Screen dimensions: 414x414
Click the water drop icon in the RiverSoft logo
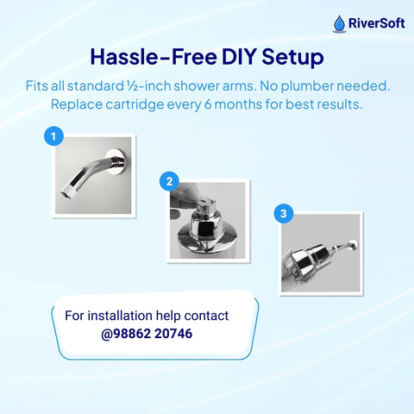click(x=340, y=24)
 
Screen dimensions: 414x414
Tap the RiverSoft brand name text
click(x=377, y=23)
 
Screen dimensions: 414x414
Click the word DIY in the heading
click(x=239, y=57)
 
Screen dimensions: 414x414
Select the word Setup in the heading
click(x=292, y=58)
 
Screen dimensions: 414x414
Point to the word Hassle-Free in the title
click(x=154, y=57)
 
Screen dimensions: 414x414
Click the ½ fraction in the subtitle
click(x=132, y=86)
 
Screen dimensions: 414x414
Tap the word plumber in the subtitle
click(x=307, y=86)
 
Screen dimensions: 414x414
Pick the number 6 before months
click(x=208, y=104)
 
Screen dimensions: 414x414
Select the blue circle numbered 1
click(x=53, y=136)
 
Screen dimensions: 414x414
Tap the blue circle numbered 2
click(x=169, y=181)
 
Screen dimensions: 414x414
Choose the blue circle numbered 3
click(x=284, y=213)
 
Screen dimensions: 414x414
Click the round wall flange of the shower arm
click(x=116, y=161)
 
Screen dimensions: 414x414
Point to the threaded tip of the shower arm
click(x=68, y=191)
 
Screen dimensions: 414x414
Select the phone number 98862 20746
click(x=153, y=334)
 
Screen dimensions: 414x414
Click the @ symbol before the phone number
click(x=107, y=334)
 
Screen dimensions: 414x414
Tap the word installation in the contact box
click(x=120, y=316)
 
